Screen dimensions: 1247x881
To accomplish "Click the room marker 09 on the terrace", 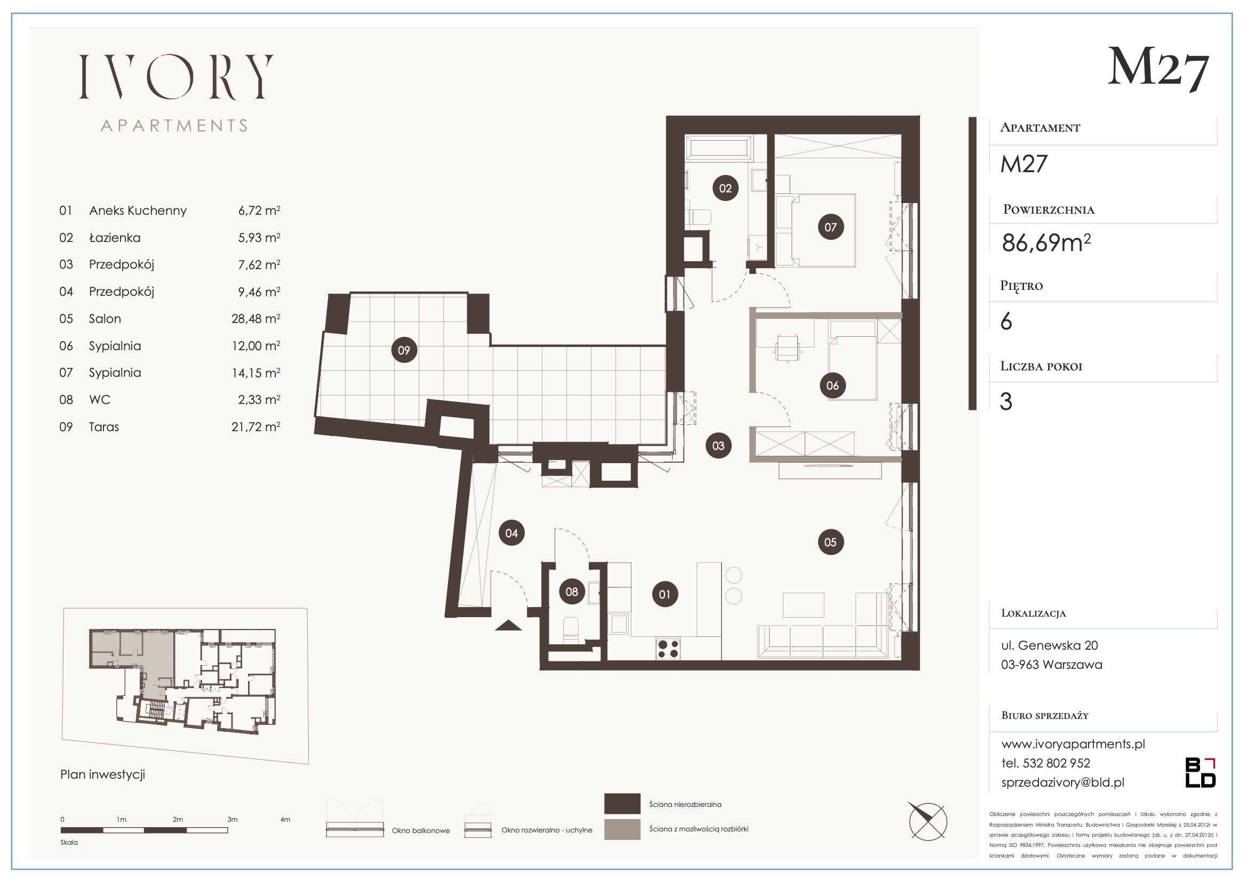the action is [404, 350].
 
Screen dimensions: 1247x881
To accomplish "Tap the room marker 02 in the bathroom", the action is [725, 188].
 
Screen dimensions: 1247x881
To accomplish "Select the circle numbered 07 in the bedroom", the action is [831, 227].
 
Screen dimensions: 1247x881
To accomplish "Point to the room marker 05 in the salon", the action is [830, 541].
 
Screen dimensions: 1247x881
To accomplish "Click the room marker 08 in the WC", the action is [572, 592].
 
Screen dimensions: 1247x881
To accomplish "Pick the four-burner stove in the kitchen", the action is [668, 648].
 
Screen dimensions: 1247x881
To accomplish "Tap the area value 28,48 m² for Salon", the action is [256, 319].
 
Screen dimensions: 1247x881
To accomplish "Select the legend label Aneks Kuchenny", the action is [138, 211].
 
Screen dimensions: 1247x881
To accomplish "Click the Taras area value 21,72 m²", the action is [256, 427].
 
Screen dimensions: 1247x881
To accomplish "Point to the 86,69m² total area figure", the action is [1046, 242].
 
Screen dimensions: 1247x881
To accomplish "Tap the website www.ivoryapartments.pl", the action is [1073, 744].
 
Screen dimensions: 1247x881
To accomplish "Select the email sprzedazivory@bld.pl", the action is [1063, 782].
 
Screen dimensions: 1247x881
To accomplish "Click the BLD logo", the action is [1200, 773].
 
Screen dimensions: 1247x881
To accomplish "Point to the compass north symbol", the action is [929, 822].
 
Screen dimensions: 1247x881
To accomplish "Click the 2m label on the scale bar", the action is [178, 820].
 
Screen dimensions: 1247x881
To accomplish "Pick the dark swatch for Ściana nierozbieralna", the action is [622, 804].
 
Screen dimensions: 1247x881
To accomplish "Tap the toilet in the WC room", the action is [571, 629].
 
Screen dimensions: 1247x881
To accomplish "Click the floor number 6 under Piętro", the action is [1006, 322].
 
